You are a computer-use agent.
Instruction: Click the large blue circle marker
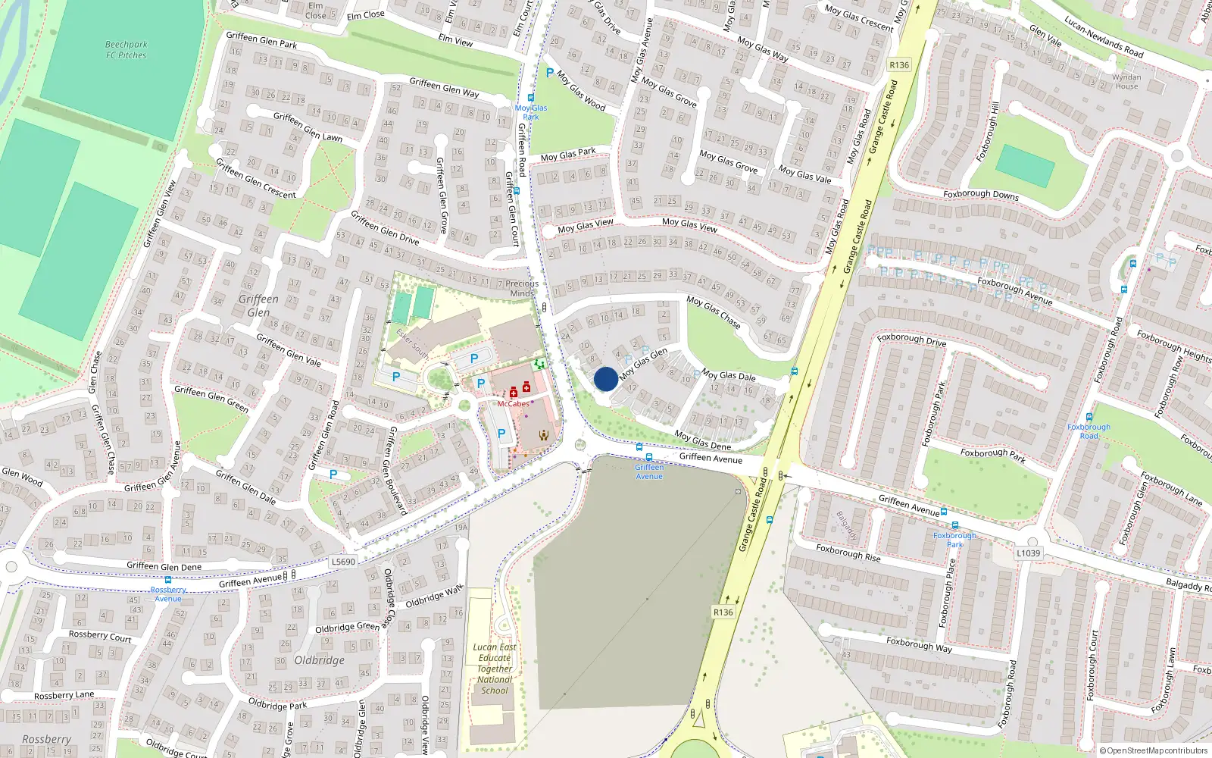[605, 379]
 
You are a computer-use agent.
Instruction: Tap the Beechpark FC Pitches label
[126, 50]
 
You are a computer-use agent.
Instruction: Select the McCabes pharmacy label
[513, 404]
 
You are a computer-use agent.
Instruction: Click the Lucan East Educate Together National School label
[495, 669]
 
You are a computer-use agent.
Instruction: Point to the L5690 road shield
[343, 562]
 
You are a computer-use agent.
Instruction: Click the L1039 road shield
[1028, 553]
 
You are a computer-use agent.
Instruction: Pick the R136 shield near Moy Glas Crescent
[899, 65]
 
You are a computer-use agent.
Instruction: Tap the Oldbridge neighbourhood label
[319, 660]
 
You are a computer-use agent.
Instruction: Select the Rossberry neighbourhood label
[46, 739]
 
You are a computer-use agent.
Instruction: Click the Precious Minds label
[522, 288]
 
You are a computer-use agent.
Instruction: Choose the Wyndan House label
[1126, 82]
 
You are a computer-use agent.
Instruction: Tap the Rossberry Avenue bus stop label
[168, 594]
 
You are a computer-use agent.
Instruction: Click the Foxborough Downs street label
[981, 195]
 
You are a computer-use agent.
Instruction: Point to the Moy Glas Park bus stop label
[531, 112]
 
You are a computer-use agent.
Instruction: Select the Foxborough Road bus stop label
[1089, 431]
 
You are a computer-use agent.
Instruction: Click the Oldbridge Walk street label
[434, 597]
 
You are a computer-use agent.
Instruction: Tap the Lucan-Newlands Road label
[1104, 36]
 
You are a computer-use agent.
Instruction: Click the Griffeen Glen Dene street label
[164, 566]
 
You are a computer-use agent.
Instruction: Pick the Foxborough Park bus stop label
[954, 540]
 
